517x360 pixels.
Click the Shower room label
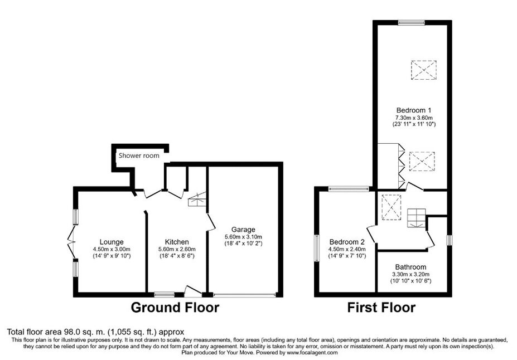click(x=139, y=155)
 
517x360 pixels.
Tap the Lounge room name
click(x=112, y=242)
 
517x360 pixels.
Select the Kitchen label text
click(x=177, y=242)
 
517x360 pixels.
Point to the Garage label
click(x=243, y=230)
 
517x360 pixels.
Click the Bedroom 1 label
click(x=414, y=110)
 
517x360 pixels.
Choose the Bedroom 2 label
click(x=347, y=242)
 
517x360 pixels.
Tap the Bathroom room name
click(x=410, y=267)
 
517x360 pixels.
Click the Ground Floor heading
click(x=175, y=308)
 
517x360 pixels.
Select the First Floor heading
click(x=381, y=308)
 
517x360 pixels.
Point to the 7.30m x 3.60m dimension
click(x=414, y=118)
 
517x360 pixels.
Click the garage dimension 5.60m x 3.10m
click(x=243, y=237)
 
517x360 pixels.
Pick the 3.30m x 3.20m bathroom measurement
click(x=410, y=274)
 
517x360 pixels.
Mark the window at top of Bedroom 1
click(x=411, y=23)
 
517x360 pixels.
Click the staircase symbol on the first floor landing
click(x=417, y=218)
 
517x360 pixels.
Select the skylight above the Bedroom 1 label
click(x=424, y=70)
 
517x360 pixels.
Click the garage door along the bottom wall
click(x=244, y=295)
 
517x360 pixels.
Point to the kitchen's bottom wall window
click(x=164, y=294)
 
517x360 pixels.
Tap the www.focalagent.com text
click(x=312, y=352)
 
